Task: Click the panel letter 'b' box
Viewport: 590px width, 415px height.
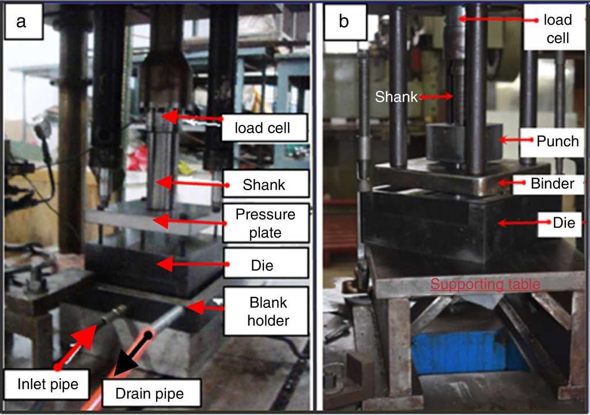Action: point(343,22)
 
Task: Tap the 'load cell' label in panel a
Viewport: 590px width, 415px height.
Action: point(262,129)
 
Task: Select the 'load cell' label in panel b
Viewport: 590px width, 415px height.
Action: point(557,28)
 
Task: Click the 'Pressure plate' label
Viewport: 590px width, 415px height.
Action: point(266,224)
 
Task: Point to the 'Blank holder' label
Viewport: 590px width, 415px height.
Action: point(267,311)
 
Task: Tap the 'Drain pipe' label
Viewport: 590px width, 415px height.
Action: point(150,394)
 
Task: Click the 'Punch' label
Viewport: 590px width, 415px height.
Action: point(557,141)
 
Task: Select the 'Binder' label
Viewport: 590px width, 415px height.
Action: point(551,184)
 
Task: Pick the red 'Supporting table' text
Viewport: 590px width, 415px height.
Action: point(485,284)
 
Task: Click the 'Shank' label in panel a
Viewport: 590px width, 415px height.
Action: point(264,185)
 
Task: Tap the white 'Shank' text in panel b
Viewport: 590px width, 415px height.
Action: point(396,97)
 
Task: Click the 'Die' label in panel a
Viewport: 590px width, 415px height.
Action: point(262,266)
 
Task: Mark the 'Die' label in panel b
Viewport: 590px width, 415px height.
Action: point(563,222)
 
